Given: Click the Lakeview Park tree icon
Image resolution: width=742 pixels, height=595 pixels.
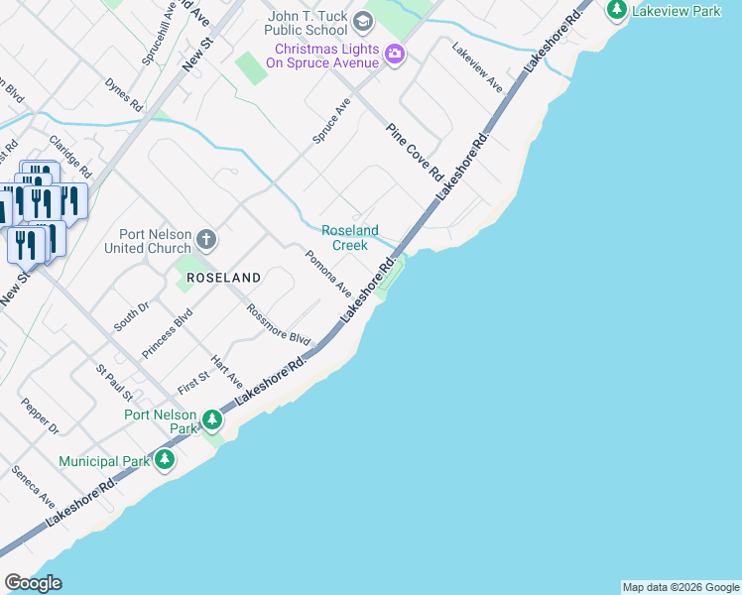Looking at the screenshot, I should coord(617,9).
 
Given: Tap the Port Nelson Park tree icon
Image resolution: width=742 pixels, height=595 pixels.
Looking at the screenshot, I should coord(212,420).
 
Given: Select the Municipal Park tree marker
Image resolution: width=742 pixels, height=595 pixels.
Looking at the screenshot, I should coord(165,460).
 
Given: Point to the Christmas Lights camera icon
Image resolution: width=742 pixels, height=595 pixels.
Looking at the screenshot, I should coord(395,54).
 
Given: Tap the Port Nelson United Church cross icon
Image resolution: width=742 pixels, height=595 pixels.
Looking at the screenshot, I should coord(205,239).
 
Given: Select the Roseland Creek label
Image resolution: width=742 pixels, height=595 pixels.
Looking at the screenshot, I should coord(350,238).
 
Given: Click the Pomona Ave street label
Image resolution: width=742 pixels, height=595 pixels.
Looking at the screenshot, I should coord(328,275).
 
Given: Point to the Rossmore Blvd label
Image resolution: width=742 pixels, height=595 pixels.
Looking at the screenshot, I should coord(279,324).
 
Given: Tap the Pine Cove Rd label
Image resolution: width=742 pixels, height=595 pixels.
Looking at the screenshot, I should coord(415,152).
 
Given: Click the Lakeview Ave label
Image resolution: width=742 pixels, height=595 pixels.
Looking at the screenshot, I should coord(478,67).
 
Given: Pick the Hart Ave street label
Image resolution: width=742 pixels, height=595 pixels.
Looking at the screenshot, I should coord(227,370).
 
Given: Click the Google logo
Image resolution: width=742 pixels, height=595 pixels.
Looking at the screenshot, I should coord(33,583).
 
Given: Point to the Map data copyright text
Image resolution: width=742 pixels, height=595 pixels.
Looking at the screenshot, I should coord(680,587).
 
